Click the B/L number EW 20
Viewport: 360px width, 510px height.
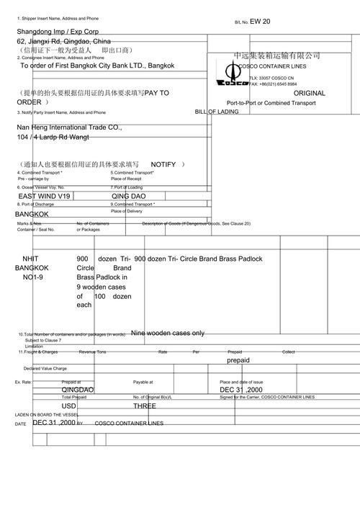click(x=261, y=22)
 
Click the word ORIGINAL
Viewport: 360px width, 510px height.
click(x=310, y=93)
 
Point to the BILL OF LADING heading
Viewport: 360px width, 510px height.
click(x=217, y=112)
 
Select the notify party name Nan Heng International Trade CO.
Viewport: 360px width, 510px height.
click(x=70, y=127)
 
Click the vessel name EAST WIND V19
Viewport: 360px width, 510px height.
click(x=45, y=196)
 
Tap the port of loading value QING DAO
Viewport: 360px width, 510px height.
click(x=128, y=196)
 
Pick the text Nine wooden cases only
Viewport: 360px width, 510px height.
click(x=168, y=334)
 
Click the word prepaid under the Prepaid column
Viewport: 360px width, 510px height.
click(x=238, y=359)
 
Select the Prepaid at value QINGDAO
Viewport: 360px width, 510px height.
click(x=78, y=390)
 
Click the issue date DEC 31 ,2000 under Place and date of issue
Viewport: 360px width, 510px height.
click(x=241, y=390)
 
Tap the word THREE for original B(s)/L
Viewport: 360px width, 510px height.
click(x=144, y=406)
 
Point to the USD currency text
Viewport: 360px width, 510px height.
click(x=69, y=406)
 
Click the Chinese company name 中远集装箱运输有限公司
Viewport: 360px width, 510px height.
click(x=276, y=56)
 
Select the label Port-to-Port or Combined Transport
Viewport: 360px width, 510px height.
click(x=271, y=103)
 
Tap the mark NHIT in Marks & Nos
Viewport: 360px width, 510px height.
click(x=31, y=259)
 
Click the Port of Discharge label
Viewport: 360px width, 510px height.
click(x=35, y=204)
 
